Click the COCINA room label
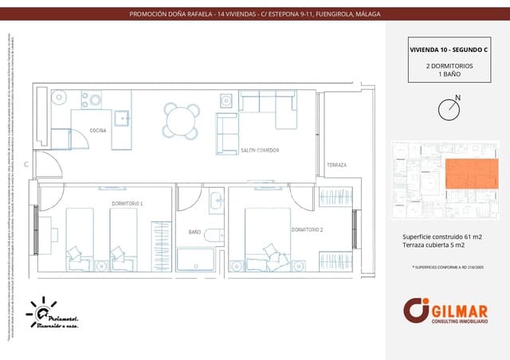coord(98,130)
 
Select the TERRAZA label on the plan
coord(336,165)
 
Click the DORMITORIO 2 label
coord(307,229)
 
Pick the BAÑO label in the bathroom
coord(194,232)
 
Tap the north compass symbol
coord(449,108)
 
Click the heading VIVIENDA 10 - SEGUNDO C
coord(448,49)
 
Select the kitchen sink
coord(122,119)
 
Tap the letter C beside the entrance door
coord(26,164)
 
